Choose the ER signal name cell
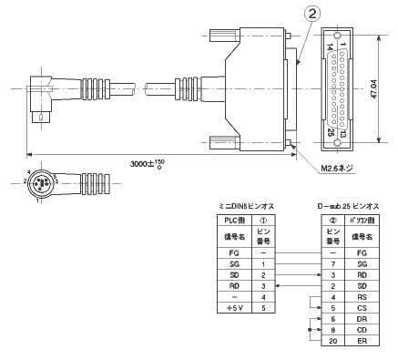[362, 340]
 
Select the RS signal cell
[362, 297]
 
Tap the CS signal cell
[362, 308]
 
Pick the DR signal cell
[362, 319]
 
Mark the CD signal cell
[362, 329]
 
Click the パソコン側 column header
[362, 220]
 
